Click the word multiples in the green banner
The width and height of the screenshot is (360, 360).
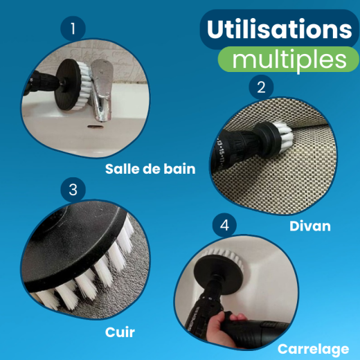click(289, 59)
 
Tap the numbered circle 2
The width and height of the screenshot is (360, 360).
click(261, 87)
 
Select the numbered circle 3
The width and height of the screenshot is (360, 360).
click(73, 189)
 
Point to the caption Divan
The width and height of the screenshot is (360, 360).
click(309, 226)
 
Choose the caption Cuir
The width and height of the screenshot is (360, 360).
click(121, 333)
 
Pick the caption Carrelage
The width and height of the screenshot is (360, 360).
click(314, 348)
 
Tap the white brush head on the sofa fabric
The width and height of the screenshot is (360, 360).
click(281, 128)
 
